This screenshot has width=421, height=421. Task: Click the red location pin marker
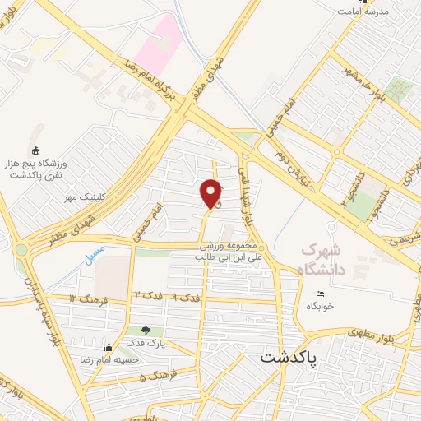click(211, 194)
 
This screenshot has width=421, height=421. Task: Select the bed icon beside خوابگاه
click(321, 294)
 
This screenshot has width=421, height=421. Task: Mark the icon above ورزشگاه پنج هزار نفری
click(35, 150)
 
